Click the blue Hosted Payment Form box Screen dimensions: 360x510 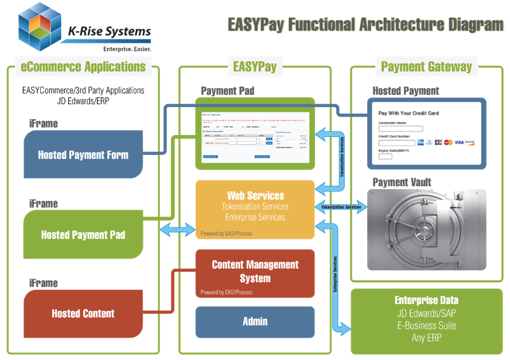[83, 155]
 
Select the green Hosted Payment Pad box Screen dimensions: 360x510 [83, 235]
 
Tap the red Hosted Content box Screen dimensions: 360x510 [83, 313]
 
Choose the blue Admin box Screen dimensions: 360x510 [255, 322]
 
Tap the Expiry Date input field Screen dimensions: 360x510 [385, 155]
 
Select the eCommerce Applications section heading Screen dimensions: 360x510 [83, 66]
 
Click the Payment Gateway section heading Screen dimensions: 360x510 [426, 66]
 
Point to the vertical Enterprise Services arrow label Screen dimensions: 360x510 [335, 274]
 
